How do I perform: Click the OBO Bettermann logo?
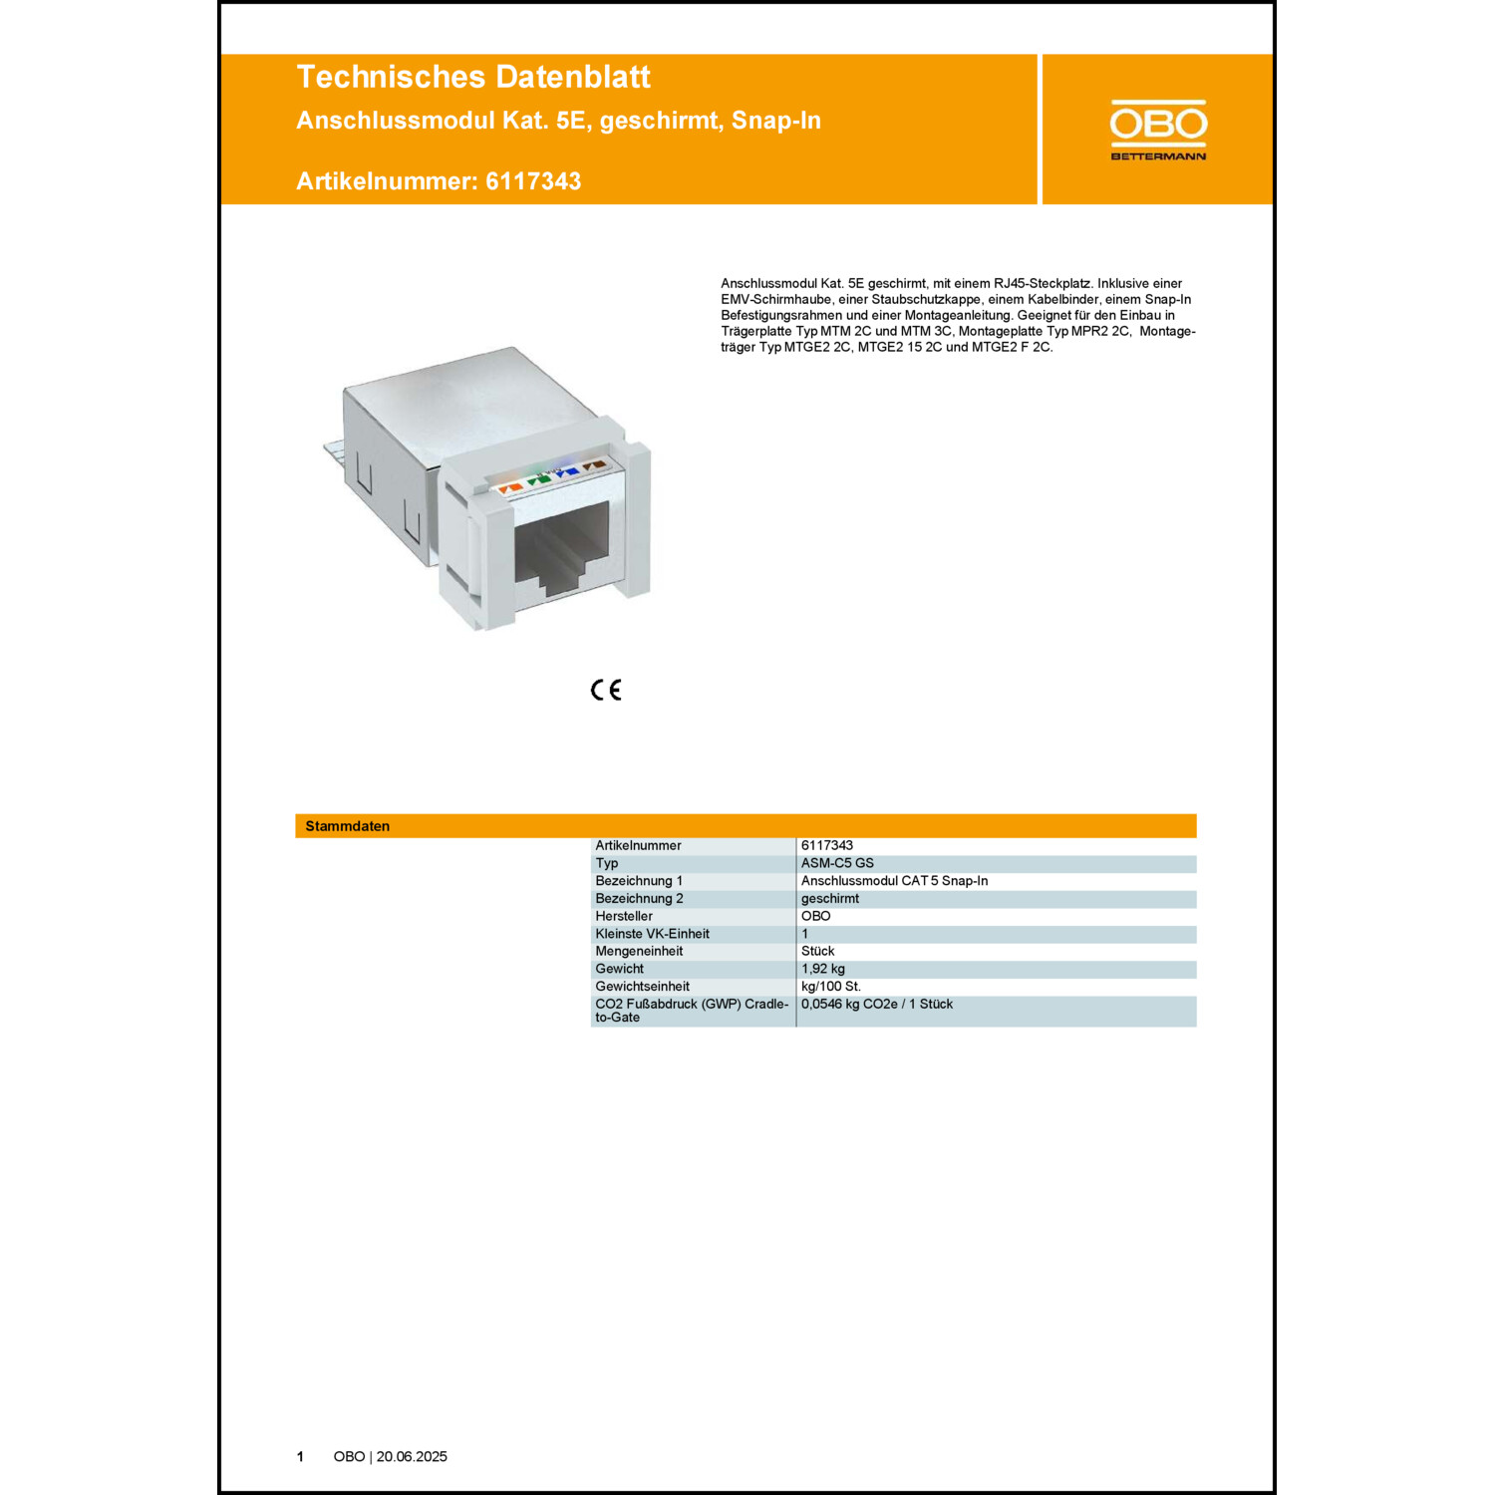(1158, 130)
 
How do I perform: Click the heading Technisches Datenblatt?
(473, 77)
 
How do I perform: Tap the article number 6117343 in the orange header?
(533, 181)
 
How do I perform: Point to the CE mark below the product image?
(606, 690)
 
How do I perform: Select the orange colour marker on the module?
(510, 487)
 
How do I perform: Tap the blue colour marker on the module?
(568, 471)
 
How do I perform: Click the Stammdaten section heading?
(347, 826)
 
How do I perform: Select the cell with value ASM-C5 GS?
(837, 863)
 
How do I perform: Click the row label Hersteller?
(624, 916)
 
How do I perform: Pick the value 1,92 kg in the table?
(823, 969)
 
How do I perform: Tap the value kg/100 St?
(831, 987)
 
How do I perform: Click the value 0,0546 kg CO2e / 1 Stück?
(877, 1004)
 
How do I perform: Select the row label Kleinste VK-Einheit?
(652, 934)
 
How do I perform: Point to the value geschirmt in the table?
(830, 898)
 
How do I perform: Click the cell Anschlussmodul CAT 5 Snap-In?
(894, 881)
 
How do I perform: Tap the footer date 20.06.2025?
(412, 1456)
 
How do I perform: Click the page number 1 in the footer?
(300, 1456)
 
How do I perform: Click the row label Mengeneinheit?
(639, 951)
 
